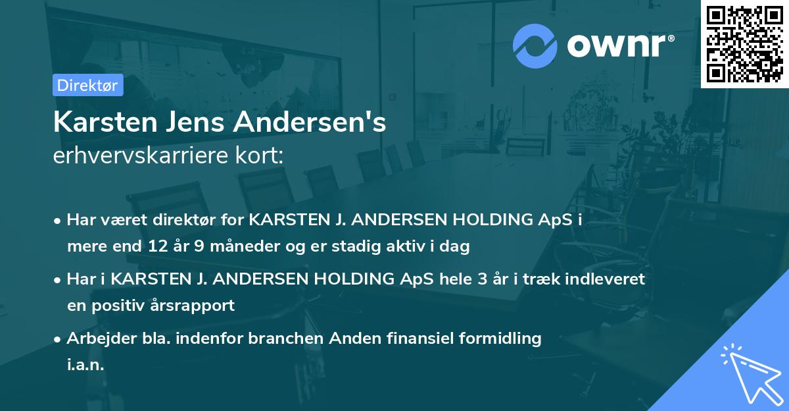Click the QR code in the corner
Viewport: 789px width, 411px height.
pos(745,44)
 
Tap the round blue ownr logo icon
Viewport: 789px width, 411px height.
pos(535,45)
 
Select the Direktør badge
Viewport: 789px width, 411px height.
pos(87,85)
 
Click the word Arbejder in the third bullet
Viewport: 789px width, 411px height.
pos(95,339)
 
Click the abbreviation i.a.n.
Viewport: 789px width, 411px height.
pos(85,365)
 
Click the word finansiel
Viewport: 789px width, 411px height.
pos(408,339)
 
